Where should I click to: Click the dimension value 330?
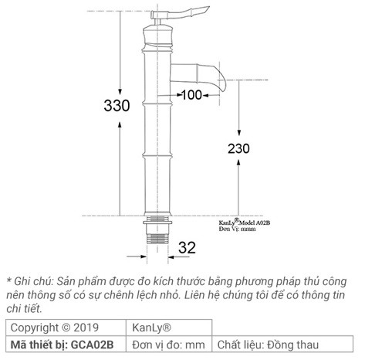click(x=117, y=107)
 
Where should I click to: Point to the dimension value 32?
click(x=188, y=247)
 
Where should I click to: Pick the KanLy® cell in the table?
click(x=147, y=327)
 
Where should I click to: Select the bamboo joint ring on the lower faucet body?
click(x=157, y=155)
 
